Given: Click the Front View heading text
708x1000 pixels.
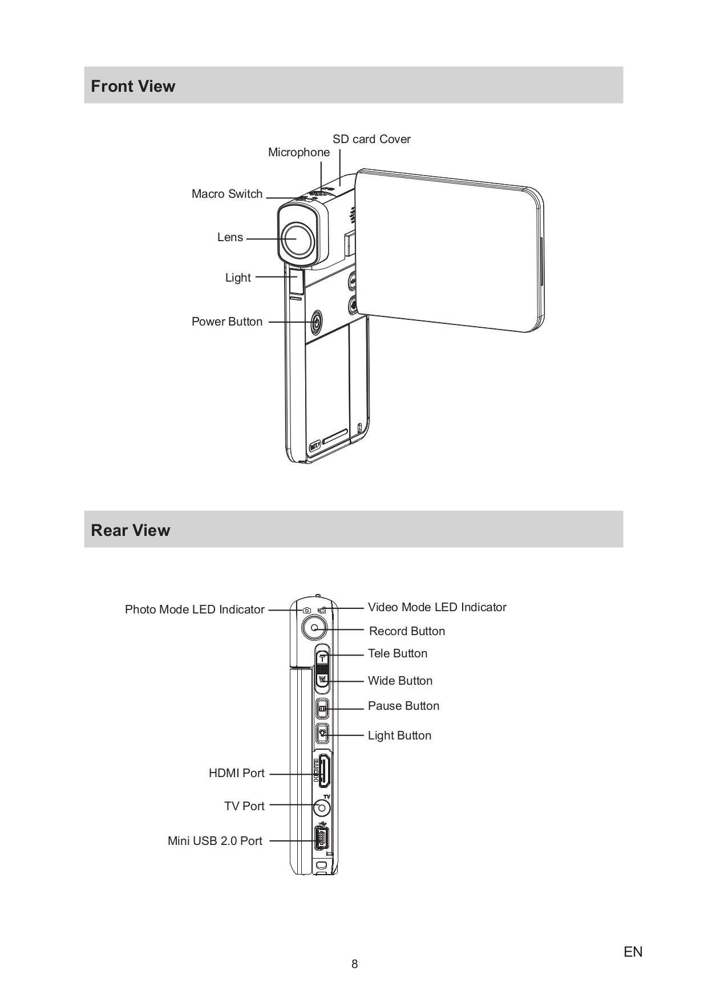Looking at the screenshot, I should [x=133, y=86].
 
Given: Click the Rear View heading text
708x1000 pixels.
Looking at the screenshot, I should [x=130, y=530].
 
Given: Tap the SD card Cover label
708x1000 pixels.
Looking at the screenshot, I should [x=371, y=139].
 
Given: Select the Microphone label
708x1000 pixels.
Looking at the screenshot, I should [x=298, y=152].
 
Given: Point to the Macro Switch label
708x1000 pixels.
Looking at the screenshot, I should [x=226, y=194].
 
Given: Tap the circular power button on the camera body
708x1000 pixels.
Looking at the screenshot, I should [x=317, y=323].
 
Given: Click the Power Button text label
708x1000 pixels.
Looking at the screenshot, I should [x=226, y=322].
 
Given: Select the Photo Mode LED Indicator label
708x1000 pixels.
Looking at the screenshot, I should [x=195, y=609].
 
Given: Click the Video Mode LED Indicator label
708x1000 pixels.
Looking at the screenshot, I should [x=436, y=607].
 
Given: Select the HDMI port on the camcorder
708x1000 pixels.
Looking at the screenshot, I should [x=323, y=773].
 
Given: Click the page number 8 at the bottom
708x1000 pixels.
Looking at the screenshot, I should [x=354, y=964].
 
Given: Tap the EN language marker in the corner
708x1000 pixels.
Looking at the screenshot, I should [x=633, y=952].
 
